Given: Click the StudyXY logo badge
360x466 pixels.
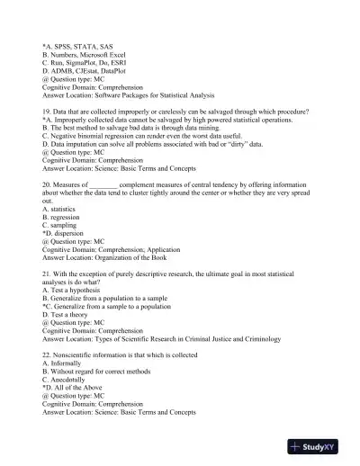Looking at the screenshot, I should pos(321,445).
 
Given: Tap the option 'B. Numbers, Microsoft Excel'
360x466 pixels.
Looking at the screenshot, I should pos(87,53).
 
